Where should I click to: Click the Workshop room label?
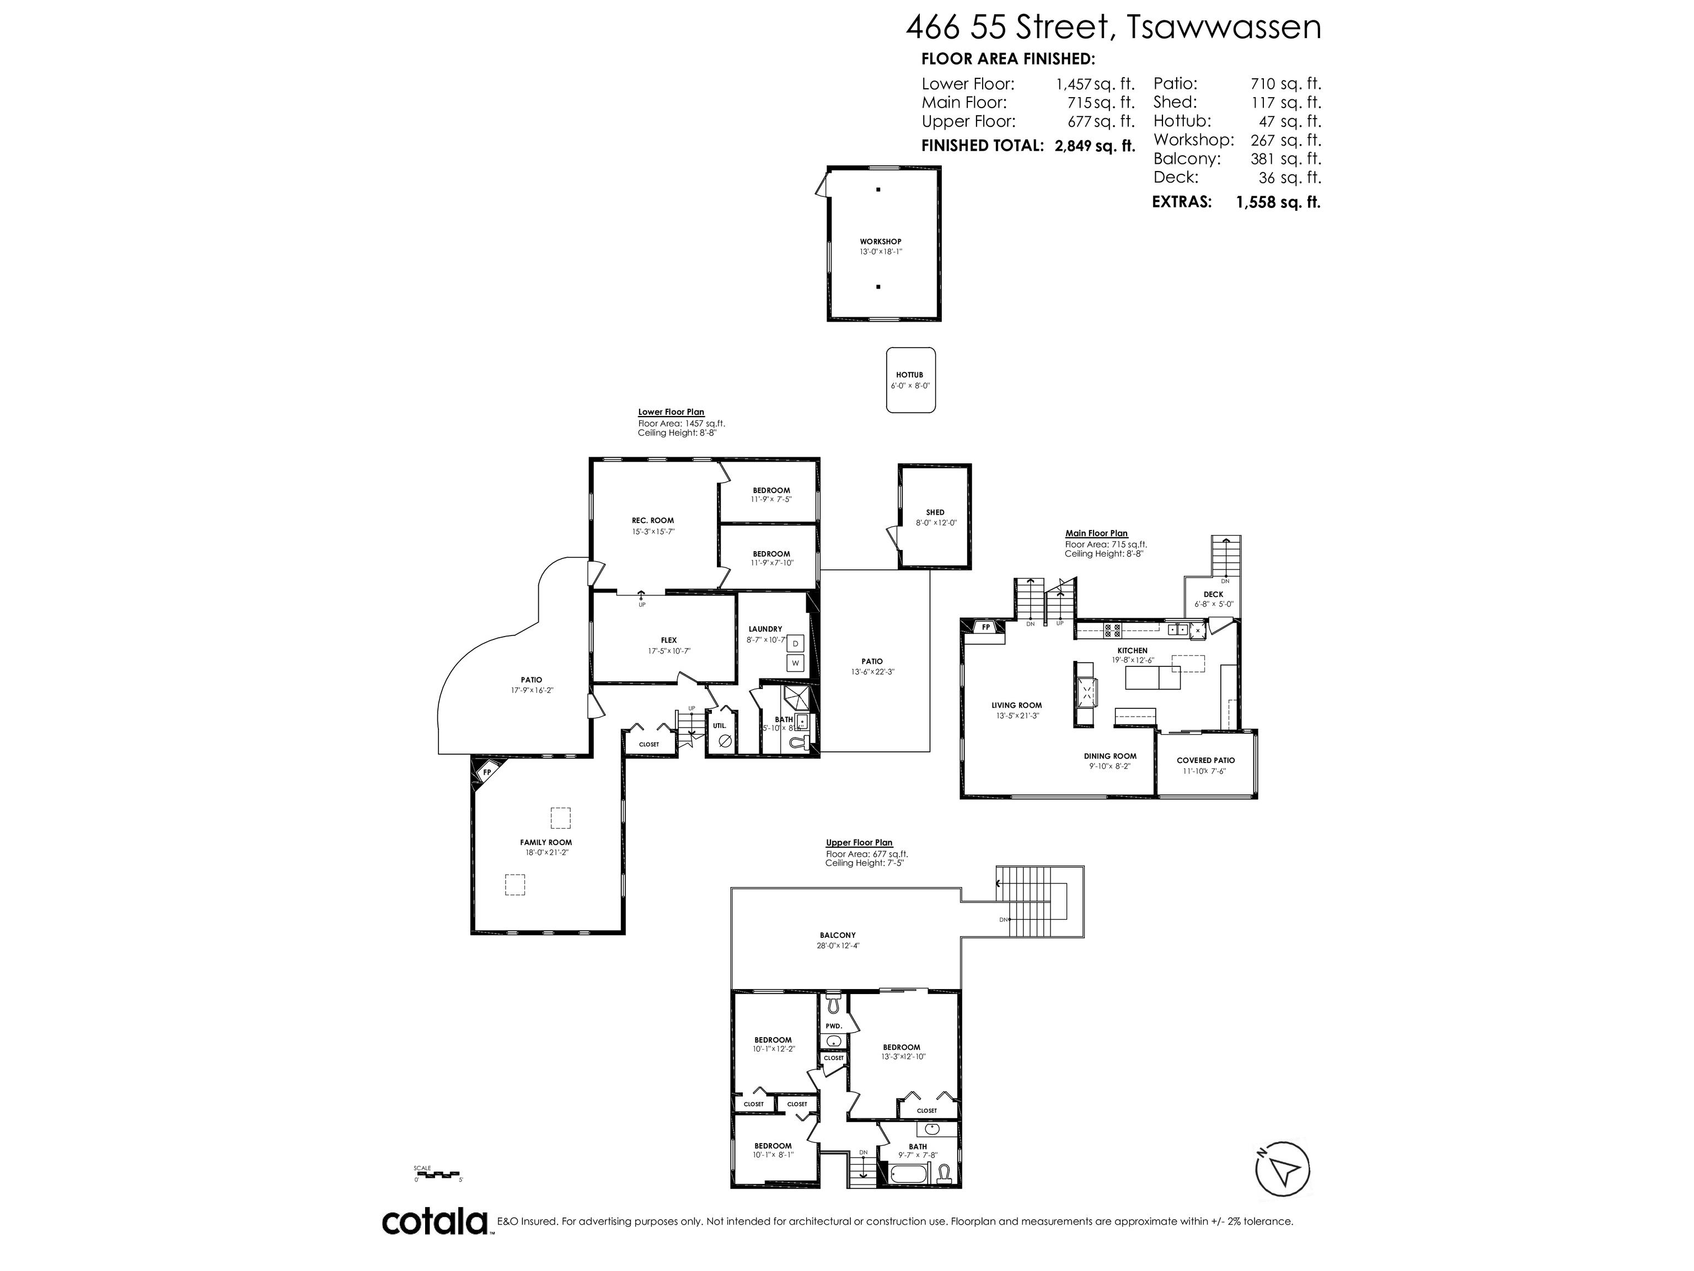point(880,241)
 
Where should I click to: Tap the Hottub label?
point(910,375)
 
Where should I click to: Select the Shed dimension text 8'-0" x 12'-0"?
point(936,522)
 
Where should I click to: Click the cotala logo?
point(435,1221)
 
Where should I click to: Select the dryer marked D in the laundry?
point(796,644)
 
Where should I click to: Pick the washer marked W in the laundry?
point(796,663)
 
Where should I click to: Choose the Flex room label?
point(668,640)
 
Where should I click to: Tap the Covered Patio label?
point(1205,760)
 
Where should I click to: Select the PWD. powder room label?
point(834,1026)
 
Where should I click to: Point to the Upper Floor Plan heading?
point(859,843)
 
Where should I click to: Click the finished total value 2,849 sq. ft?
point(1095,146)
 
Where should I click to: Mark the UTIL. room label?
point(720,725)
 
